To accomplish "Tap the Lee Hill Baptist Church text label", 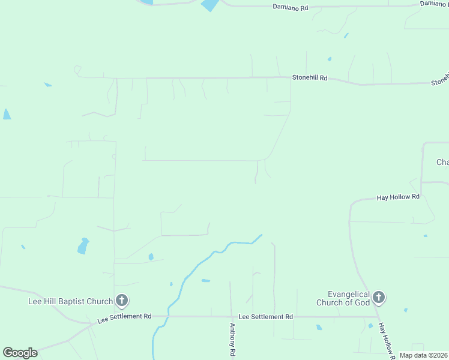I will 71,301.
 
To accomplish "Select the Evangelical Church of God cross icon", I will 379,296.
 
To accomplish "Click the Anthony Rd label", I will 232,340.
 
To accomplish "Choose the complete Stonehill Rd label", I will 310,78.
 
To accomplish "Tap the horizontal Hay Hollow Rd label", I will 398,197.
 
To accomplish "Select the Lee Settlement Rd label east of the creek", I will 265,316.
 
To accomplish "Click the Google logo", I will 20,352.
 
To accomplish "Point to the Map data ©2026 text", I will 423,355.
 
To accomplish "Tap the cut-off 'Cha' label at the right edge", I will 442,163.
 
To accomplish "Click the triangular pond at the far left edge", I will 7,114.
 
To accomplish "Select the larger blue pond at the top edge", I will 210,5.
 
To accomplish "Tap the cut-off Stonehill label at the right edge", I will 440,80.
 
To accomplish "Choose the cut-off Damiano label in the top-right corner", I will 434,4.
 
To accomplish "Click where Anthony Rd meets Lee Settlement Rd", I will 231,316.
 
